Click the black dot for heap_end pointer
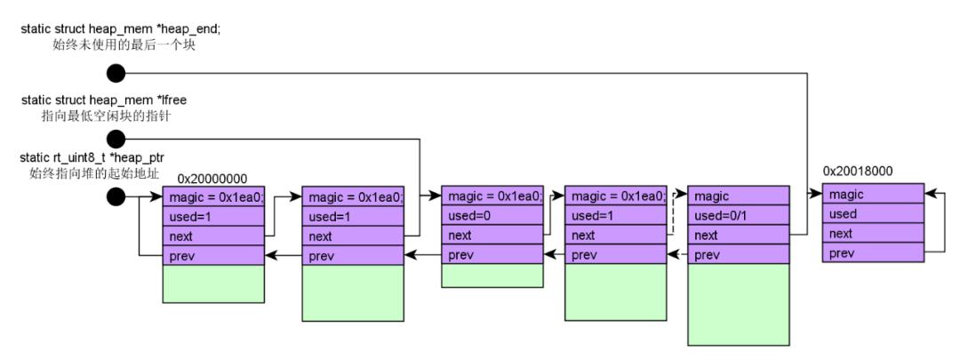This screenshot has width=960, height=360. (x=116, y=74)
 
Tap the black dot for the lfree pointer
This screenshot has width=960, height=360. (x=116, y=139)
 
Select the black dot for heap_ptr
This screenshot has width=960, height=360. (x=116, y=196)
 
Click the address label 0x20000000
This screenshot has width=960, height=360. (x=212, y=179)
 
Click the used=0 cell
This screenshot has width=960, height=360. (x=492, y=215)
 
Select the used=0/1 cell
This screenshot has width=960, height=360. (x=739, y=215)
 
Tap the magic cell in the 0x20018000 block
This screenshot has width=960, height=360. (x=873, y=194)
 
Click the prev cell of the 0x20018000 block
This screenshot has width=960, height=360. (x=873, y=252)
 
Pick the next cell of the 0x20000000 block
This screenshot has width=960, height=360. (x=213, y=236)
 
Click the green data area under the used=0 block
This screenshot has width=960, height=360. (x=492, y=276)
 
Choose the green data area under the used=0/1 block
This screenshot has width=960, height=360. (x=739, y=305)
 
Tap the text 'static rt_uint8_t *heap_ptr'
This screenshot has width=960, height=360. (x=92, y=158)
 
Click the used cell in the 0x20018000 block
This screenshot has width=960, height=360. (x=873, y=213)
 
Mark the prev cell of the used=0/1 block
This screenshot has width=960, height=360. (x=739, y=255)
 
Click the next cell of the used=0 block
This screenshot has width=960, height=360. (x=492, y=235)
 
